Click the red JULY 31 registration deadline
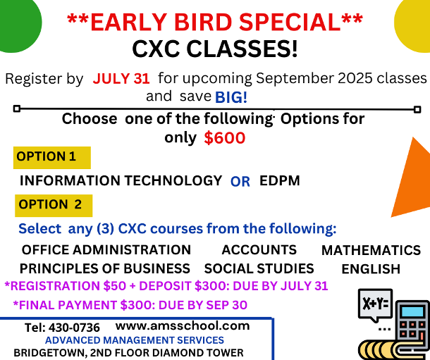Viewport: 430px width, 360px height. point(121,79)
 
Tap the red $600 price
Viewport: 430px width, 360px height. point(225,138)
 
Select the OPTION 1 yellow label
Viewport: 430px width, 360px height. point(52,158)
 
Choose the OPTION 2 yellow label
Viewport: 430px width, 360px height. point(54,206)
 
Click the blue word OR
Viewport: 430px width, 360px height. point(240,182)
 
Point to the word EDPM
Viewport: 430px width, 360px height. point(280,181)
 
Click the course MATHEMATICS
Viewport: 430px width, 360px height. point(371,250)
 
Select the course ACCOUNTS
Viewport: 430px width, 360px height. point(259,250)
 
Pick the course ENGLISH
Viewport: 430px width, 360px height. point(371,269)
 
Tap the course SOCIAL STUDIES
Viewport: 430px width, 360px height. point(259,268)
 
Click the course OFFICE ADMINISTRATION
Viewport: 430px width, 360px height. point(106,250)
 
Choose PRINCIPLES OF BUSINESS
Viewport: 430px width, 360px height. point(105,268)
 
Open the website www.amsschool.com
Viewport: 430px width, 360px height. point(183,326)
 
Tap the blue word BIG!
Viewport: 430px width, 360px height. point(231,97)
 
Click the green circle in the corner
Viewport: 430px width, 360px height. point(18,23)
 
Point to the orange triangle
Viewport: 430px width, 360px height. point(414,181)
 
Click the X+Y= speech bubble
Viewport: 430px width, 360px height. point(375,304)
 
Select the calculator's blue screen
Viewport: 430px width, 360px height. point(412,311)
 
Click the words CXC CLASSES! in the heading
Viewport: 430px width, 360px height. point(215,49)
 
